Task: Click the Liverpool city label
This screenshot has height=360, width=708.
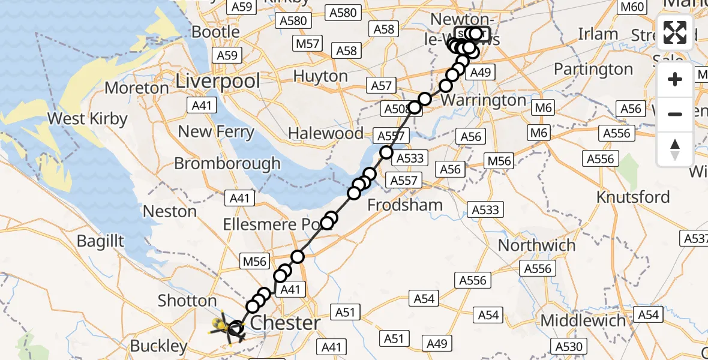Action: click(218, 80)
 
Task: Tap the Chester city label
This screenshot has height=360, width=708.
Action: click(285, 323)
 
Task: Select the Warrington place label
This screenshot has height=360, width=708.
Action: click(484, 100)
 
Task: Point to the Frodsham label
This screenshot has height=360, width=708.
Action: click(404, 205)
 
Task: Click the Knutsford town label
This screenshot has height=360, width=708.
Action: click(633, 197)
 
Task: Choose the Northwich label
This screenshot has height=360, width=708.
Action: click(536, 245)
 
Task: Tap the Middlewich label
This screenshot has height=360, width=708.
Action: click(583, 320)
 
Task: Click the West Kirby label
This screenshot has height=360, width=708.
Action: click(87, 118)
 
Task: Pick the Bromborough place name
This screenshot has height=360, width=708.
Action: click(227, 163)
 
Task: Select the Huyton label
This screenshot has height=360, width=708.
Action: click(320, 76)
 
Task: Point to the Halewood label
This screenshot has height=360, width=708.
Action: click(326, 133)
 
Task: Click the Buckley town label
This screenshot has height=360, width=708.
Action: click(158, 346)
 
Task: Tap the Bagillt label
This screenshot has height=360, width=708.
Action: click(100, 241)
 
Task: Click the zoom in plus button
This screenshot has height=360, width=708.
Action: click(675, 79)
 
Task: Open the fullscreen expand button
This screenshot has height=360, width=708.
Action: click(675, 32)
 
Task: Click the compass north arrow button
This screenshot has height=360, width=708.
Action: click(675, 149)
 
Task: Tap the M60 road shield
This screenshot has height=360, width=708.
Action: click(632, 7)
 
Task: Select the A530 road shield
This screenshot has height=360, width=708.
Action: click(569, 347)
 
